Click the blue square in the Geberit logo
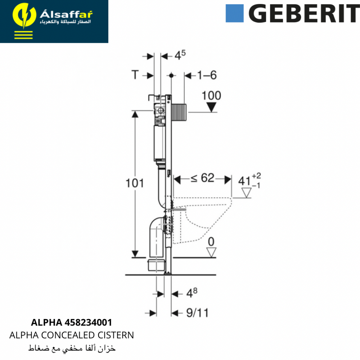pos(234,13)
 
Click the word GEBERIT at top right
pos(304,14)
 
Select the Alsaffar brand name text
pos(66,14)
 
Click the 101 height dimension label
pos(135,183)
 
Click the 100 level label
pos(211,95)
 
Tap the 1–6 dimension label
pos(207,75)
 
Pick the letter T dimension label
pos(135,75)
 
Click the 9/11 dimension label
pos(197,313)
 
